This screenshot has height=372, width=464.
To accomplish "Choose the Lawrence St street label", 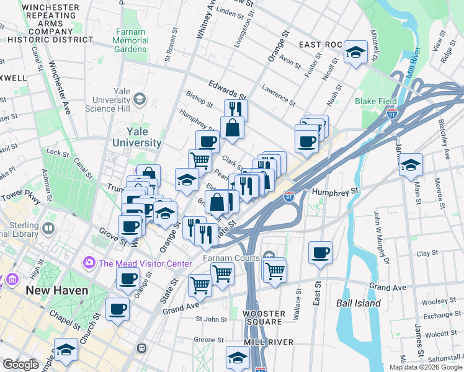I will (x=279, y=94).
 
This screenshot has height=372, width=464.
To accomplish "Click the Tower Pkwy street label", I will (x=19, y=200).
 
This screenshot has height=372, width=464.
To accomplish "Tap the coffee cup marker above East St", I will (x=320, y=253).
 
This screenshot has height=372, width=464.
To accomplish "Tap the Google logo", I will (x=20, y=365).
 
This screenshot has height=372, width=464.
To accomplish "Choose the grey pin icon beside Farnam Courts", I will (x=269, y=255).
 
